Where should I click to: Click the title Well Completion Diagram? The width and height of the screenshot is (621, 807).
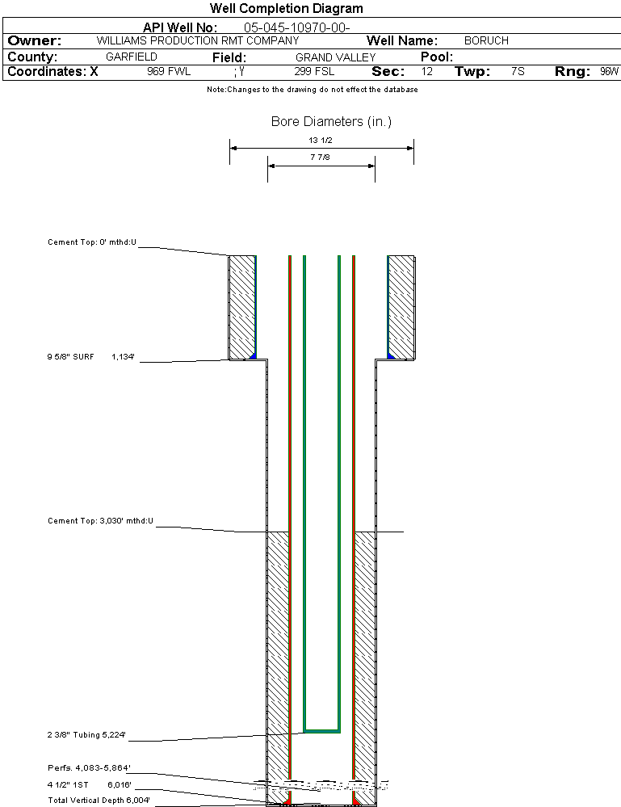[286, 9]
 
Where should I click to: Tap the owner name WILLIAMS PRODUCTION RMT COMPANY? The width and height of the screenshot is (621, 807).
[197, 40]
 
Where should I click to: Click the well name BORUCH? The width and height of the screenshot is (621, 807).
[486, 40]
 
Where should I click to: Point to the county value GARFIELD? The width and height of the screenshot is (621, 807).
[132, 57]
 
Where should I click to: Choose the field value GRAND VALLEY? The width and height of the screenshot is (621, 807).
[335, 57]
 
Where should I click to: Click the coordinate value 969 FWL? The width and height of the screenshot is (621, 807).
[168, 72]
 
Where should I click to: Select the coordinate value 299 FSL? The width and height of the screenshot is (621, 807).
[314, 72]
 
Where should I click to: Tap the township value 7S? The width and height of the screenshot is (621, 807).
[518, 72]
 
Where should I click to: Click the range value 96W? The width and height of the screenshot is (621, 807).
[609, 72]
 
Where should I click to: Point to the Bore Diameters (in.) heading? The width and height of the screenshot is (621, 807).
[331, 122]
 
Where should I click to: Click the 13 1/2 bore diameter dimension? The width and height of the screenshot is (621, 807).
[321, 140]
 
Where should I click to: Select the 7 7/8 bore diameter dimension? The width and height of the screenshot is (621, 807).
[321, 158]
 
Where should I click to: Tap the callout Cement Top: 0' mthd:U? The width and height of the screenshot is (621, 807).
[92, 242]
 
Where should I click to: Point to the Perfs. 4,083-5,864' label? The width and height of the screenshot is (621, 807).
[89, 767]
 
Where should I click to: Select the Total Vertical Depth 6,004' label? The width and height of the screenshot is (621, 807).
[99, 800]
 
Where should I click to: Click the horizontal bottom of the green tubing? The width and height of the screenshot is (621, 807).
[321, 730]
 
